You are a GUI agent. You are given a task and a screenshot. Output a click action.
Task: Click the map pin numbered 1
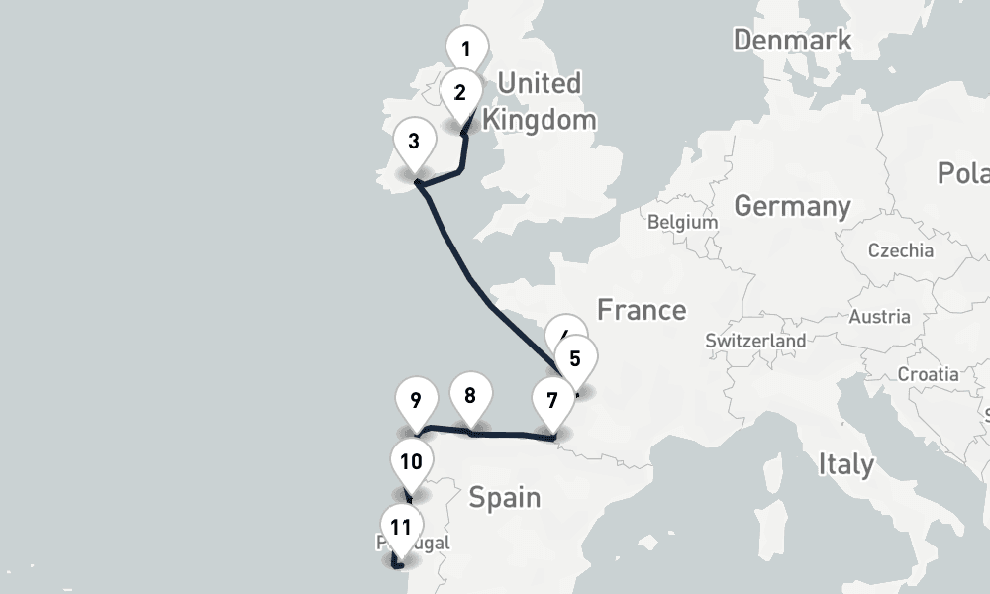click(466, 48)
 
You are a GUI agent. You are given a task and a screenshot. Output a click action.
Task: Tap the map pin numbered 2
click(460, 93)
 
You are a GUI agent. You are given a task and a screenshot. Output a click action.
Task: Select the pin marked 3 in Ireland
click(414, 142)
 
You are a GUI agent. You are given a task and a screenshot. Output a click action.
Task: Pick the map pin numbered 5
click(576, 358)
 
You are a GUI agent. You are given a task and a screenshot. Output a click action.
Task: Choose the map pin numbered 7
click(551, 401)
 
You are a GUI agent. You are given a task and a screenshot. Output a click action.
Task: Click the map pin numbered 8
click(470, 396)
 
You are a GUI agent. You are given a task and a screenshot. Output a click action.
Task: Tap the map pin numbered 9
click(416, 400)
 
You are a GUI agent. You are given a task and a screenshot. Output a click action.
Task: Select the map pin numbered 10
click(412, 461)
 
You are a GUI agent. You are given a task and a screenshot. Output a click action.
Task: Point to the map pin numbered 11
click(401, 527)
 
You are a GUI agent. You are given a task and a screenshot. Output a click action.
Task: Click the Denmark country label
click(792, 41)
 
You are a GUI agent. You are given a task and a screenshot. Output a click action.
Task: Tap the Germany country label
click(792, 206)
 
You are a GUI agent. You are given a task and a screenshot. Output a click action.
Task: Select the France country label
click(642, 310)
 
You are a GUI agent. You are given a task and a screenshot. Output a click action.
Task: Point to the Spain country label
click(505, 496)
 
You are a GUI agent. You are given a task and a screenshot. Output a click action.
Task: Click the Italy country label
click(845, 464)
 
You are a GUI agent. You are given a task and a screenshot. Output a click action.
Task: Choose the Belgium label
click(682, 222)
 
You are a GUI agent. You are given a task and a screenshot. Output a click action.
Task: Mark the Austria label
click(879, 317)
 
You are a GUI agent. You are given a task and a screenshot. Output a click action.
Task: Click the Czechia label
click(900, 250)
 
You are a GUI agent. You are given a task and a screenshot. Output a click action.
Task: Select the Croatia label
click(928, 374)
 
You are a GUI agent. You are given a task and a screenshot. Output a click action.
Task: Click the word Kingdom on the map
click(540, 120)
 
